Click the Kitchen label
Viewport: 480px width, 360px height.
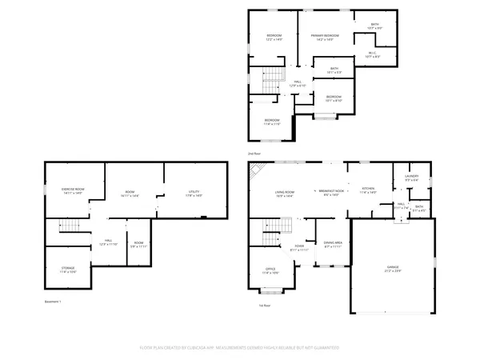coord(367,189)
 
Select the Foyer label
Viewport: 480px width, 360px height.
coord(299,246)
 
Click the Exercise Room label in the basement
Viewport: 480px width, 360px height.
coord(73,189)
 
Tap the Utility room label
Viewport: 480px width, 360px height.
coord(194,191)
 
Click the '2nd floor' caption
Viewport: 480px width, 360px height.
coord(253,153)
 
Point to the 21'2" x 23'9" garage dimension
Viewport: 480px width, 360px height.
coord(393,271)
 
